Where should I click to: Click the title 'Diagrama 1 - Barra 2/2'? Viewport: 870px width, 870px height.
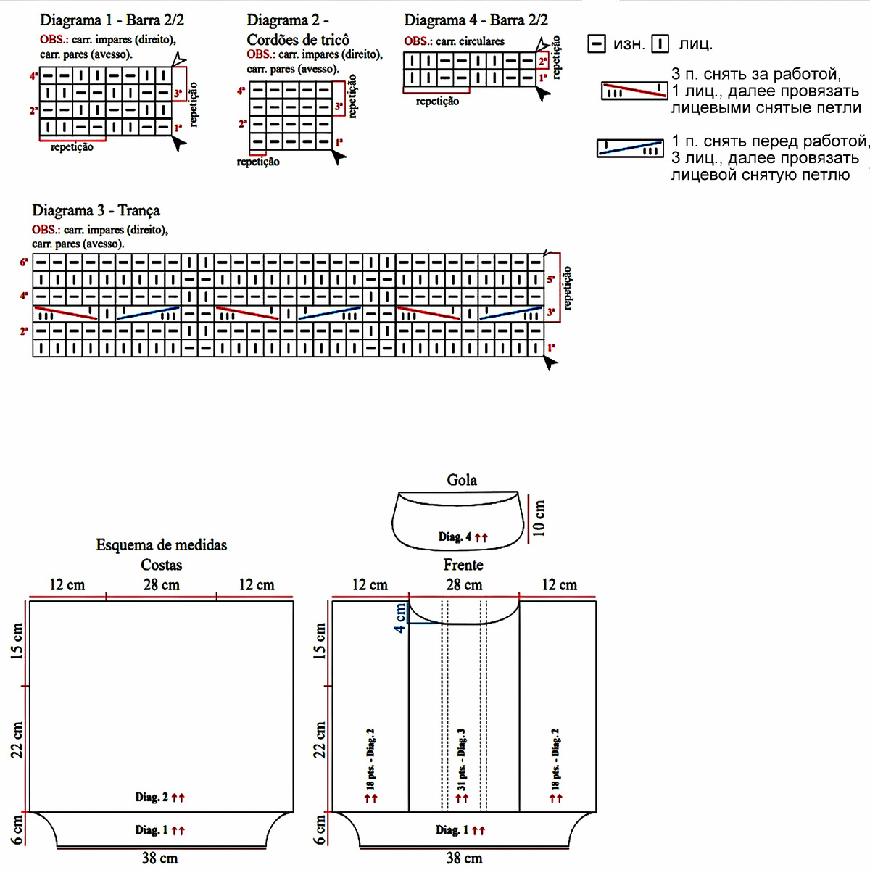(112, 20)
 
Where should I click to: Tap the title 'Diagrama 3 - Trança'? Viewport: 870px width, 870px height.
(96, 210)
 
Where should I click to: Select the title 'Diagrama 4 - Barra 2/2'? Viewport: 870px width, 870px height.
(476, 20)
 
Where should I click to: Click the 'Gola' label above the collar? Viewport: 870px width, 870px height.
(462, 480)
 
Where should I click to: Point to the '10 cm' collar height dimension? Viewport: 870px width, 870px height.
(539, 518)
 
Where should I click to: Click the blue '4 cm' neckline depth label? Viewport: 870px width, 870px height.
(400, 618)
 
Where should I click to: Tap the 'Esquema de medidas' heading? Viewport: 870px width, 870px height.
(161, 545)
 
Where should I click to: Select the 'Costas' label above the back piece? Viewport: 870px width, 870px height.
(161, 565)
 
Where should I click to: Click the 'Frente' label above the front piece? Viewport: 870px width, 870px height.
(463, 565)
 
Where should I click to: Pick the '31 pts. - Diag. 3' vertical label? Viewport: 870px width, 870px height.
(462, 760)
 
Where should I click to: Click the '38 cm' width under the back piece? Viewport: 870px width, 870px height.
(159, 858)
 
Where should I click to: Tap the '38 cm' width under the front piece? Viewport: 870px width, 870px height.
(464, 858)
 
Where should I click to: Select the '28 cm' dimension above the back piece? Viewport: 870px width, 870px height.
(161, 584)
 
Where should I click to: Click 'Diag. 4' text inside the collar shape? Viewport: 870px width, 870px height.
(455, 537)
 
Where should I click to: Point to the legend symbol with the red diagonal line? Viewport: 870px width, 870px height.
(634, 91)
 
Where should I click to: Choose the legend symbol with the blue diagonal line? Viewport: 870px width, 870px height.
(630, 148)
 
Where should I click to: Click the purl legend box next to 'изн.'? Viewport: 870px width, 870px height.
(596, 44)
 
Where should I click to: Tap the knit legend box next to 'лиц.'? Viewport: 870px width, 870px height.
(660, 44)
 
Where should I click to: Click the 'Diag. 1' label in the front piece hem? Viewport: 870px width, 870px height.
(452, 830)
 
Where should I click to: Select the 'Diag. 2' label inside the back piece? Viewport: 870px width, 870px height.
(151, 797)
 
